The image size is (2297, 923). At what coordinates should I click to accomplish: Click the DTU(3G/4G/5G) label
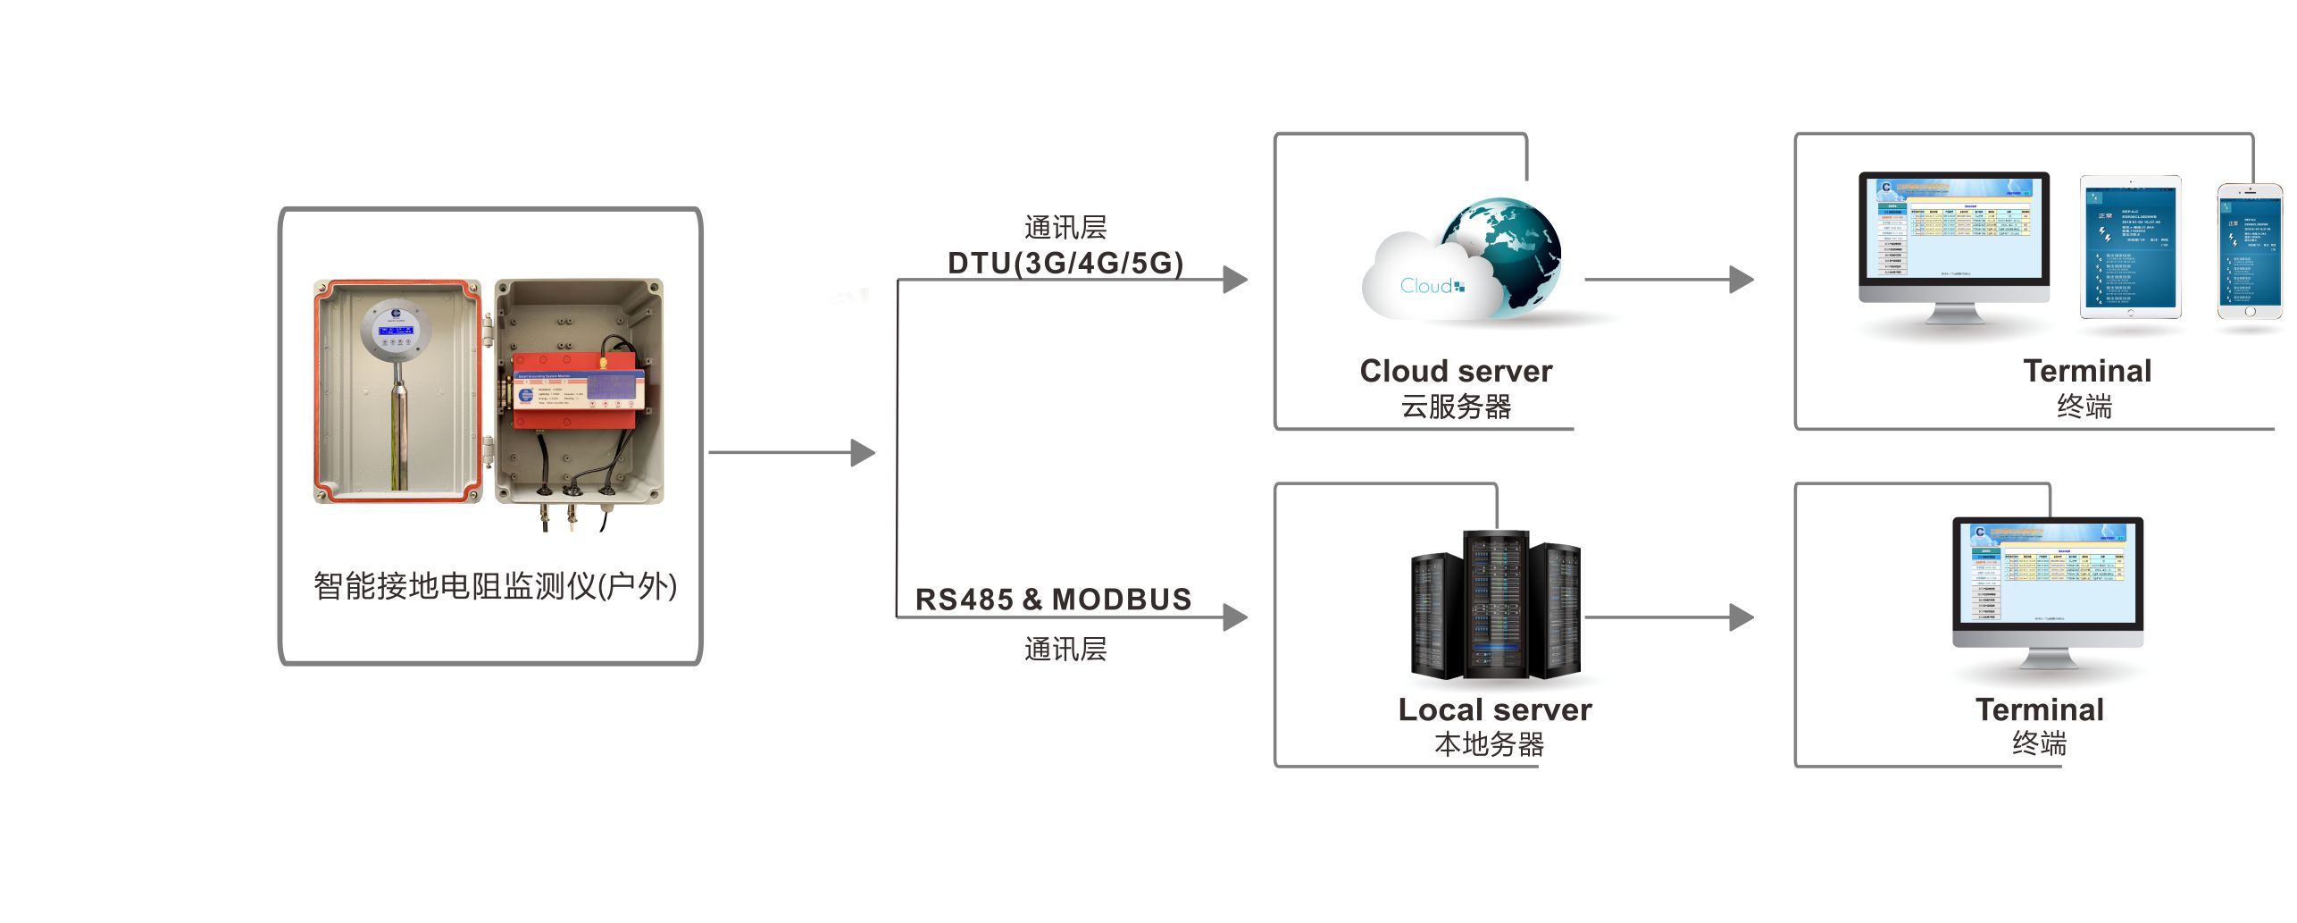tap(1065, 263)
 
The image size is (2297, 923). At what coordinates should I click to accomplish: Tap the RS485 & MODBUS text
tap(1053, 600)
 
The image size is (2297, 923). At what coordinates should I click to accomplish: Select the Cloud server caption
tap(1456, 371)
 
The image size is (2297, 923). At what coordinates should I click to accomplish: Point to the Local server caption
tap(1494, 709)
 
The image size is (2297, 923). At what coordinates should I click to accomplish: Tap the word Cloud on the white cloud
tap(1427, 286)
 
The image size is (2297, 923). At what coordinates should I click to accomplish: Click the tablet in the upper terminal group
tap(2130, 247)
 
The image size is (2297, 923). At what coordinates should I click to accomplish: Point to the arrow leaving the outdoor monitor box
tap(790, 453)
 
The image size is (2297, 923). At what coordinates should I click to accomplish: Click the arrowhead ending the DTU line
tap(1235, 280)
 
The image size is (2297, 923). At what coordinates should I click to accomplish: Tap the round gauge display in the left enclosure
tap(396, 329)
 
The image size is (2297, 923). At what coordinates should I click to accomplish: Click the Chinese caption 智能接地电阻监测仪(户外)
tap(495, 586)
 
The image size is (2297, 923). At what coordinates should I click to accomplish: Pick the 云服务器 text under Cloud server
tap(1456, 407)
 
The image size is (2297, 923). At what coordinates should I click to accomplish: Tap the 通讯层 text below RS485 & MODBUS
tap(1065, 649)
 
